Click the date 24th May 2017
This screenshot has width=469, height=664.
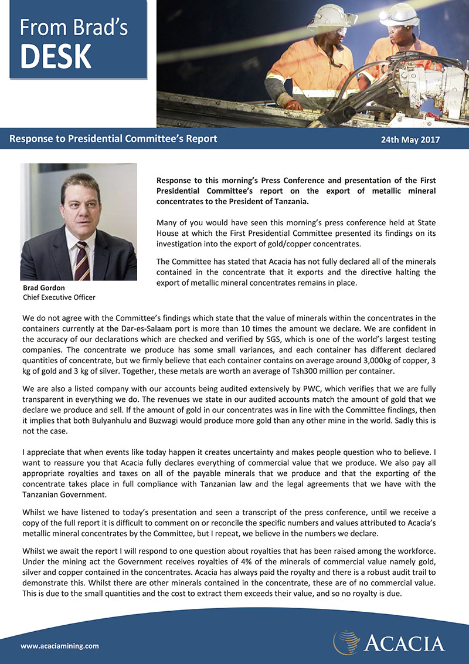(x=410, y=140)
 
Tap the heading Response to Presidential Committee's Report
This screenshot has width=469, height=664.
(x=113, y=139)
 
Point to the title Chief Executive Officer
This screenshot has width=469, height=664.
(x=59, y=297)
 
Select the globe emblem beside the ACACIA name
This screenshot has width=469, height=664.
(x=346, y=642)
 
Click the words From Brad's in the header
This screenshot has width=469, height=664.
(x=73, y=28)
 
